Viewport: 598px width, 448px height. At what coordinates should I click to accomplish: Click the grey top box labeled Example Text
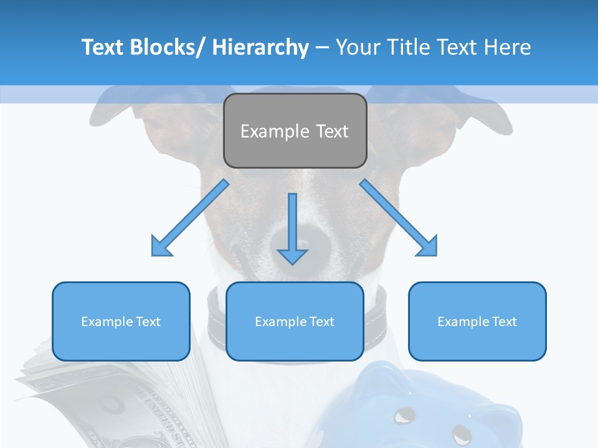(295, 131)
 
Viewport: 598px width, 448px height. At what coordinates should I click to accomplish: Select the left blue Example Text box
(121, 321)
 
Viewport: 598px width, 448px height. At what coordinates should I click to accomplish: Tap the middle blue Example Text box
(295, 321)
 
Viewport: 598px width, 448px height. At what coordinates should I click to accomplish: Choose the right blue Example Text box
(477, 321)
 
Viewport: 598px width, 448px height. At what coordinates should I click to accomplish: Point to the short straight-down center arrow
(292, 230)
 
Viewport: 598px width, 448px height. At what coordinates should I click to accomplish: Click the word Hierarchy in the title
(260, 47)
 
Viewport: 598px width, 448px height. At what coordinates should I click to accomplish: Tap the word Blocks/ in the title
(166, 47)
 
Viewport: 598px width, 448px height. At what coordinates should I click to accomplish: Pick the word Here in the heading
(508, 47)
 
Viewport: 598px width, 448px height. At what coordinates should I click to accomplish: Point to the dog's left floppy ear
(118, 112)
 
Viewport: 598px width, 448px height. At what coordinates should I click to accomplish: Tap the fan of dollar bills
(93, 398)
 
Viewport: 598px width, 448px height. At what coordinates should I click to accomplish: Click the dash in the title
(322, 47)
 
